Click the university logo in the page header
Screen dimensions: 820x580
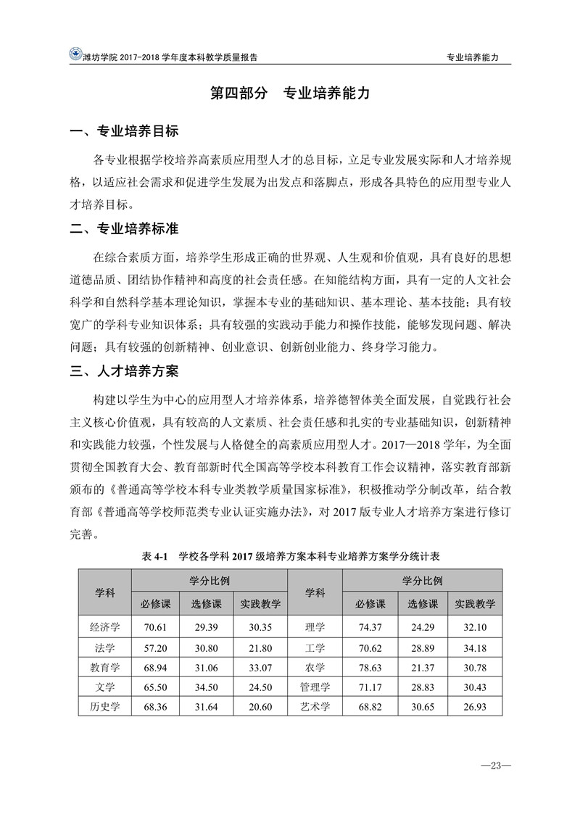tap(75, 54)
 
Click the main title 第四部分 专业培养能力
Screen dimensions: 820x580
tap(290, 94)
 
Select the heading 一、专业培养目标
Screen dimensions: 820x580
tap(123, 132)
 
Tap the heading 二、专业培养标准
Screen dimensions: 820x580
tap(123, 228)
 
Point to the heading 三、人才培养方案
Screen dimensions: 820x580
tap(123, 372)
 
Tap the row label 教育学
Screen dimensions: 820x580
tap(104, 666)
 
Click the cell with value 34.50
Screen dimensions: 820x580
tap(207, 686)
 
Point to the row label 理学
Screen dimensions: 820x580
tap(315, 626)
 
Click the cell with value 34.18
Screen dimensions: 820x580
tap(475, 647)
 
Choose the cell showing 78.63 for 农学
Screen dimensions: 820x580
tap(370, 666)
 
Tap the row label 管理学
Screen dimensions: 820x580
tap(315, 686)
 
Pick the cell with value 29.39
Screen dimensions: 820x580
tap(207, 626)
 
